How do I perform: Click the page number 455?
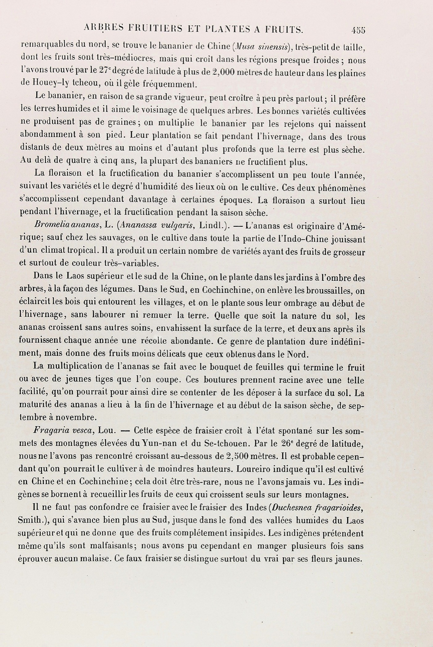[358, 31]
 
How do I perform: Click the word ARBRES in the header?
[103, 29]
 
